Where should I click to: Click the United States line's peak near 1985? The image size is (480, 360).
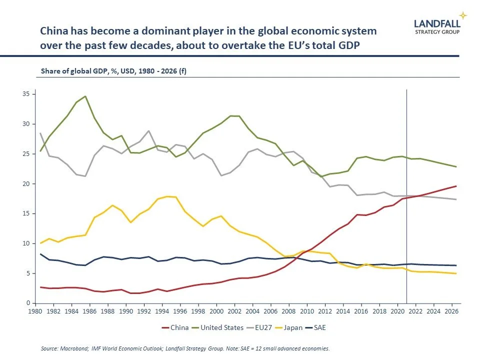(85, 96)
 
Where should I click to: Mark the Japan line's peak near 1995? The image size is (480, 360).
(167, 196)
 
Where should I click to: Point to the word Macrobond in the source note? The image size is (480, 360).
(73, 348)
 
